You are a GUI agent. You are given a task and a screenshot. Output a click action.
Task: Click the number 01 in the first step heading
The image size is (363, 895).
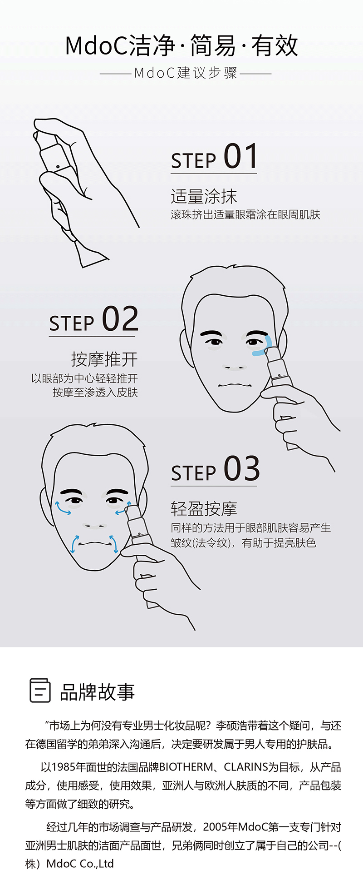(240, 156)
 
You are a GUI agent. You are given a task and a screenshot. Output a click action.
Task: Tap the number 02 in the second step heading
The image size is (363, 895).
(120, 319)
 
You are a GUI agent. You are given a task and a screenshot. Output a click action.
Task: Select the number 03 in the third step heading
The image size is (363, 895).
(241, 468)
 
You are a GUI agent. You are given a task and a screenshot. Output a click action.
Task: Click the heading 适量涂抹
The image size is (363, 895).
(204, 197)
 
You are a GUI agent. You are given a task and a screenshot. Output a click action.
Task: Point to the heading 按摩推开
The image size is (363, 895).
(104, 359)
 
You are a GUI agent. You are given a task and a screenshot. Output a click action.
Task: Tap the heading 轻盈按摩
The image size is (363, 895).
(204, 509)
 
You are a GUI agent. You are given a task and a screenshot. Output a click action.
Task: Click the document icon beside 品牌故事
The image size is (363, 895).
(39, 690)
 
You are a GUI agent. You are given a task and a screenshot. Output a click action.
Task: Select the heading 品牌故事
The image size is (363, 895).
(97, 692)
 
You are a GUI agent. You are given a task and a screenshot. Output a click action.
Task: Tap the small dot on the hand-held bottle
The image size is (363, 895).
(58, 166)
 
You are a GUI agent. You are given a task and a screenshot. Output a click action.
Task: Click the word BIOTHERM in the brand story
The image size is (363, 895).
(185, 767)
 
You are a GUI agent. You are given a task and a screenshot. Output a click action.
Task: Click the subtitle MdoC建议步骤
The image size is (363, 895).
(186, 73)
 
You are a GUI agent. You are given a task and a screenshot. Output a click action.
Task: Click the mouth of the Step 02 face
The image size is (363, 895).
(235, 385)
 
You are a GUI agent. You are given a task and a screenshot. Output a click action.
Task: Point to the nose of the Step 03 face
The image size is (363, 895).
(95, 524)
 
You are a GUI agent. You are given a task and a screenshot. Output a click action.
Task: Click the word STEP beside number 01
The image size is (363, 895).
(194, 161)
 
